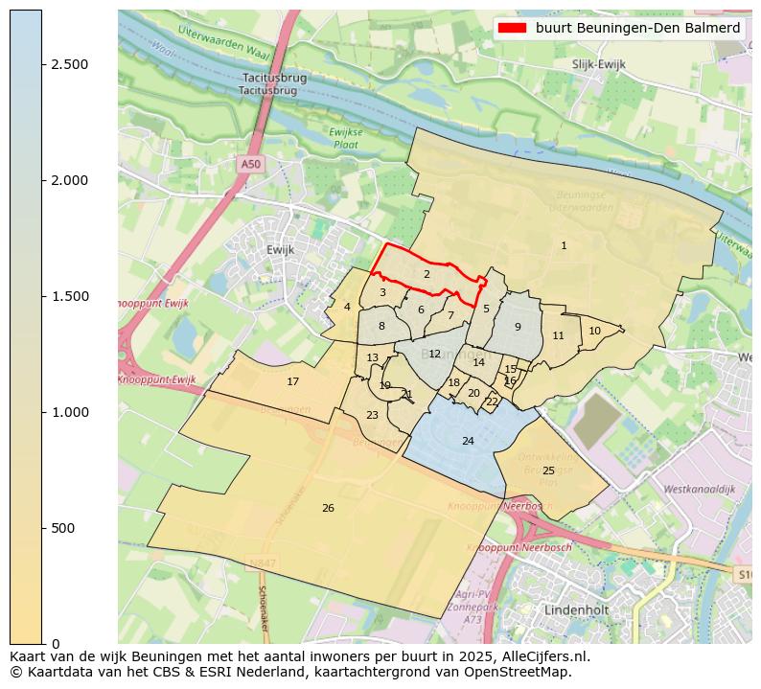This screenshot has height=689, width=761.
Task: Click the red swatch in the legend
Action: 513,28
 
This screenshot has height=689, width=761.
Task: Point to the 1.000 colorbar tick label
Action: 69,412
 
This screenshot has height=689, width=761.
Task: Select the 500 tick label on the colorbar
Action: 63,528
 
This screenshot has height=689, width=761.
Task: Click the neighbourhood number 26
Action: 328,508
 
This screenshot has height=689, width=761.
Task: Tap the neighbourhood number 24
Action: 468,441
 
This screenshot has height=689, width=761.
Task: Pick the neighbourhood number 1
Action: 564,246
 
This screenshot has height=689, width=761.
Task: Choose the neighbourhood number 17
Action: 293,381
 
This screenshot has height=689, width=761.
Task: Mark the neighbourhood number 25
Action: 548,471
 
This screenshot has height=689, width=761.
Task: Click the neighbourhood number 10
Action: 594,331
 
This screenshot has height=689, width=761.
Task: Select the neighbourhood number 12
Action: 434,354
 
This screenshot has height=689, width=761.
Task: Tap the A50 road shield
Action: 250,164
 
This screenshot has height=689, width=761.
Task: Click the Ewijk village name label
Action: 280,249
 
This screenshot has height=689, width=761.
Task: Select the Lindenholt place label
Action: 577,609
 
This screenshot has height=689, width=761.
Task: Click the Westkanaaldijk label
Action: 699,489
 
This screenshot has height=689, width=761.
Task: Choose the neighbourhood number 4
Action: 347,307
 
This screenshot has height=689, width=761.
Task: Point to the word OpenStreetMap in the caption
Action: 525,672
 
